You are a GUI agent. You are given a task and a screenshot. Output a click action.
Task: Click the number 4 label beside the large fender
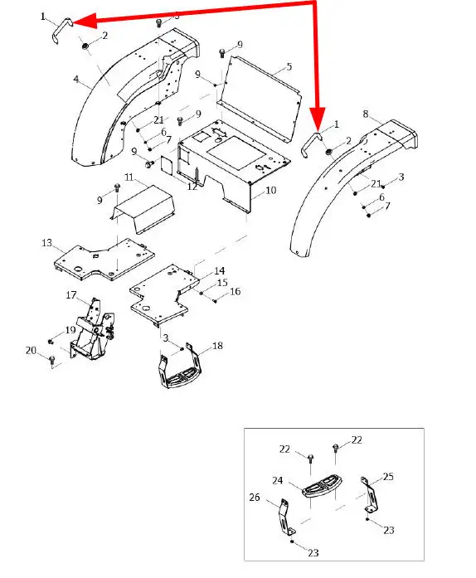click(x=76, y=80)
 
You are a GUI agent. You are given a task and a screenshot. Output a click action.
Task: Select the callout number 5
click(x=289, y=66)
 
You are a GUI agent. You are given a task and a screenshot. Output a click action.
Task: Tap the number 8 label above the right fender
click(x=366, y=114)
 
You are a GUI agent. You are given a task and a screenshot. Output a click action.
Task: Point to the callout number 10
click(x=270, y=190)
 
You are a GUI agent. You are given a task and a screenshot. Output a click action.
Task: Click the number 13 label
click(x=46, y=243)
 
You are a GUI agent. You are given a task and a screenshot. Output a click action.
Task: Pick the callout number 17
click(x=71, y=295)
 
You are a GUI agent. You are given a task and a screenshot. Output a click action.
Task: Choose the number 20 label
click(x=31, y=350)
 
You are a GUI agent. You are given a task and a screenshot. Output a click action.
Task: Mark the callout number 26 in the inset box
click(x=255, y=498)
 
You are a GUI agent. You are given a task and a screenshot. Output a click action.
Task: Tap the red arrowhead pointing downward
click(x=317, y=118)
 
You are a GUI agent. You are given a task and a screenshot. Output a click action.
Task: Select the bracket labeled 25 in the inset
click(x=370, y=495)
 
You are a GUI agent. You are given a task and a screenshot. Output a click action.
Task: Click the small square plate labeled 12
click(x=168, y=164)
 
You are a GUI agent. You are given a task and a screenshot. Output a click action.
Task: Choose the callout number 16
click(x=236, y=292)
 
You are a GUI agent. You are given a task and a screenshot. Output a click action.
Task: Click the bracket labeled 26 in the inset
click(x=284, y=517)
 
